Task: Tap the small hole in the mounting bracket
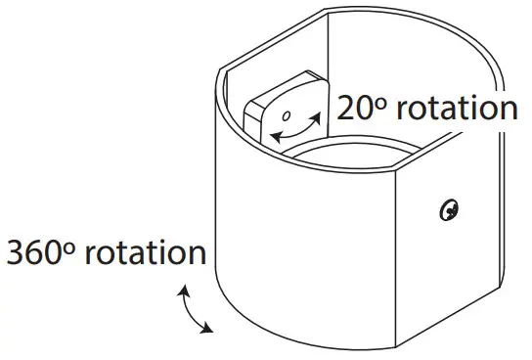coord(287,117)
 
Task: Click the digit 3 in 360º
coord(17,251)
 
